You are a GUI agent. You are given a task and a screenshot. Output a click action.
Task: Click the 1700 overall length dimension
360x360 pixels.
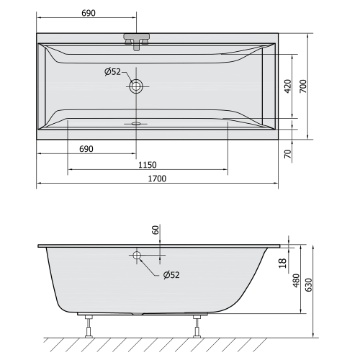pyautogui.click(x=157, y=179)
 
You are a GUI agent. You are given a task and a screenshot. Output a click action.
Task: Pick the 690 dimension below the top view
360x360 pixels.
pyautogui.click(x=86, y=149)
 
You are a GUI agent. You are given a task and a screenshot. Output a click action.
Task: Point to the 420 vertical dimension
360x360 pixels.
pyautogui.click(x=288, y=86)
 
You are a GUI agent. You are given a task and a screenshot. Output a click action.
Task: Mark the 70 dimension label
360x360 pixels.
pyautogui.click(x=288, y=153)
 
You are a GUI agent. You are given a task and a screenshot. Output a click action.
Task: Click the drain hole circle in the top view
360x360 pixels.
pyautogui.click(x=136, y=86)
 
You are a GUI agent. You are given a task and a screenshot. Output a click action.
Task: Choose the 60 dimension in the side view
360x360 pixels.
pyautogui.click(x=155, y=230)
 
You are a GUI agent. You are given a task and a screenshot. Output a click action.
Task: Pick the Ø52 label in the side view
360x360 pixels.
pyautogui.click(x=171, y=274)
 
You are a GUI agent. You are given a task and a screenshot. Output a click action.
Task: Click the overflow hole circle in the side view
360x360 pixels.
pyautogui.click(x=136, y=255)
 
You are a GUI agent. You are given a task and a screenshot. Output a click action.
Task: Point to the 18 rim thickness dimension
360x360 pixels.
pyautogui.click(x=283, y=264)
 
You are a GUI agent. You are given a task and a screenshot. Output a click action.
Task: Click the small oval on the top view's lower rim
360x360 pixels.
pyautogui.click(x=135, y=123)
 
